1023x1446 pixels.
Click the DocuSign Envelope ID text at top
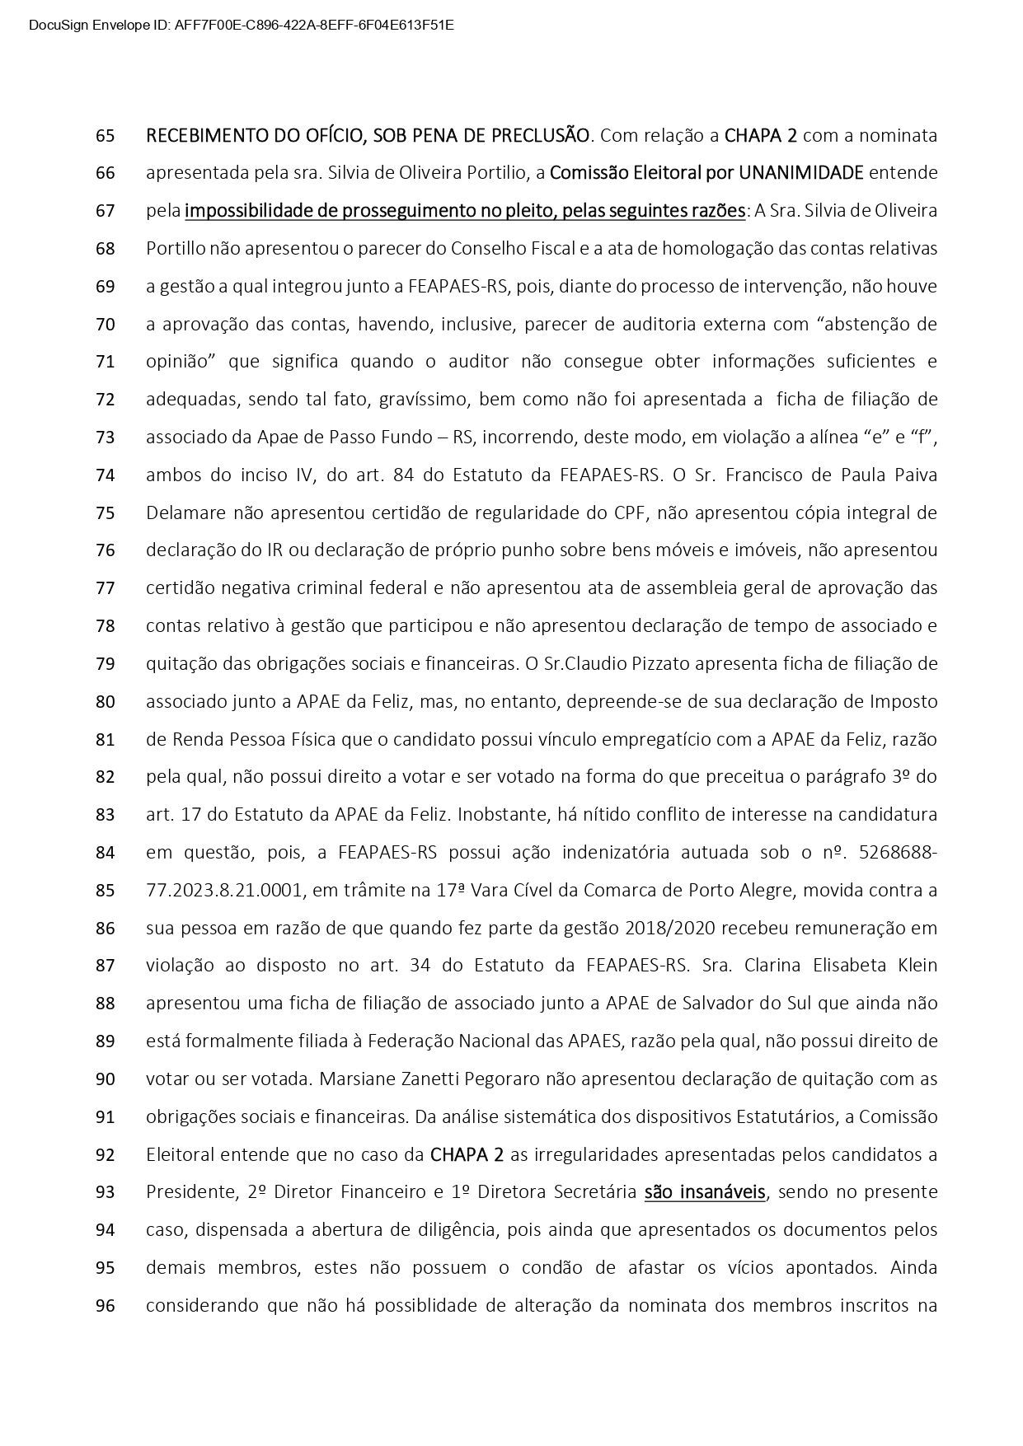[x=241, y=25]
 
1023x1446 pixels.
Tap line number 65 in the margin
[x=105, y=135]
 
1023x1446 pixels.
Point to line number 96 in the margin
[x=105, y=1305]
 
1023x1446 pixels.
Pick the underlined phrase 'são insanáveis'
[x=705, y=1192]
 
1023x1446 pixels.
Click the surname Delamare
[x=185, y=513]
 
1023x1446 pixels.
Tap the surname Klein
[x=915, y=966]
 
